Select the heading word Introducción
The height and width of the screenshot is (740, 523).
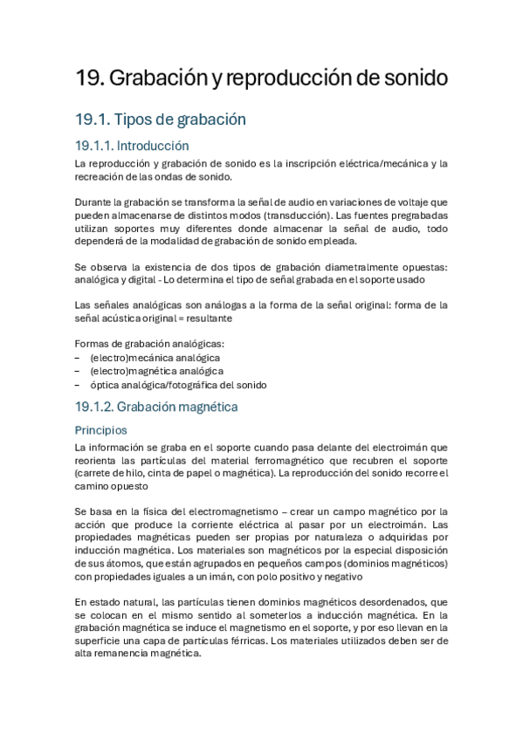(153, 146)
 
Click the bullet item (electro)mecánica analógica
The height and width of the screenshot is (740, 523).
(155, 357)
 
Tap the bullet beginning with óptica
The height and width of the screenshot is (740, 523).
(178, 385)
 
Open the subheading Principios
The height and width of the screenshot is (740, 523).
(101, 430)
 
